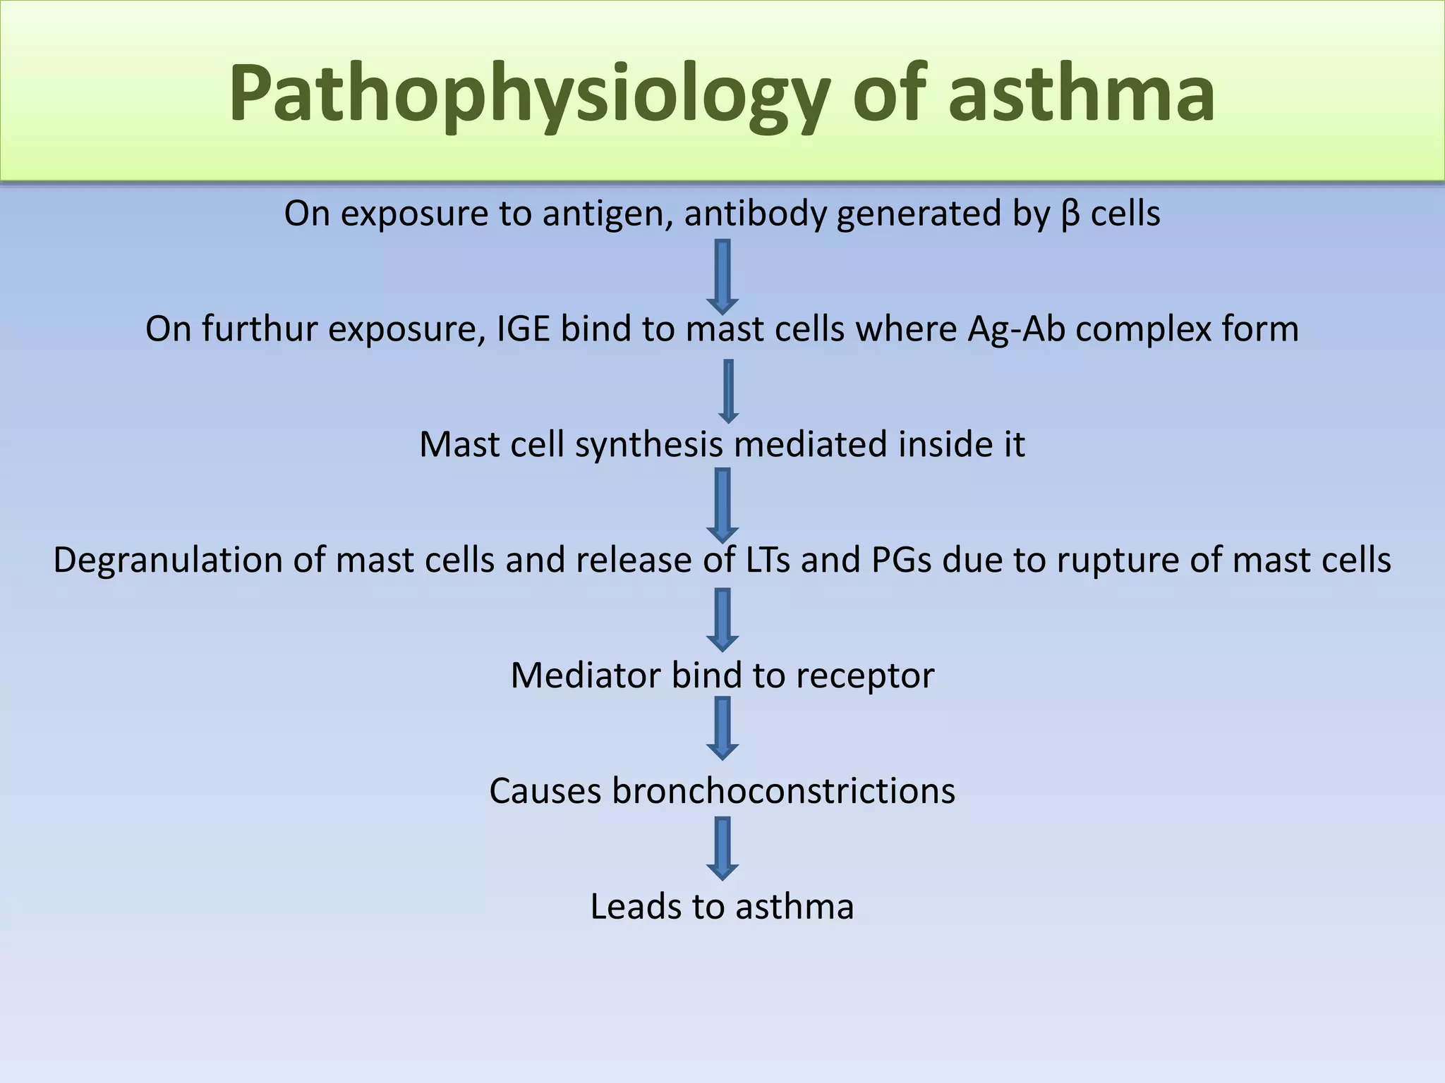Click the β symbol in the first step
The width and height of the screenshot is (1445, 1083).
pyautogui.click(x=1070, y=214)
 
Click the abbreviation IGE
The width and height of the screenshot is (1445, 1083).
pyautogui.click(x=524, y=329)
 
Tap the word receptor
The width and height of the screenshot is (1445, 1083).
pyautogui.click(x=865, y=676)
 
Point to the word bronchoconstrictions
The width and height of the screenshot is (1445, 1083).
pyautogui.click(x=783, y=791)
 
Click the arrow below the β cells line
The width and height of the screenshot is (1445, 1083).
pyautogui.click(x=722, y=276)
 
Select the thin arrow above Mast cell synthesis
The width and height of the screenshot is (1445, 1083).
pyautogui.click(x=728, y=391)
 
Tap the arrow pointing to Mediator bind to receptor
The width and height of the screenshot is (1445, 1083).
pyautogui.click(x=722, y=620)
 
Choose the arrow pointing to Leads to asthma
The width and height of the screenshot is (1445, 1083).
pyautogui.click(x=722, y=848)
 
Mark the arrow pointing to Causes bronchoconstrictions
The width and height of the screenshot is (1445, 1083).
pyautogui.click(x=722, y=728)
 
